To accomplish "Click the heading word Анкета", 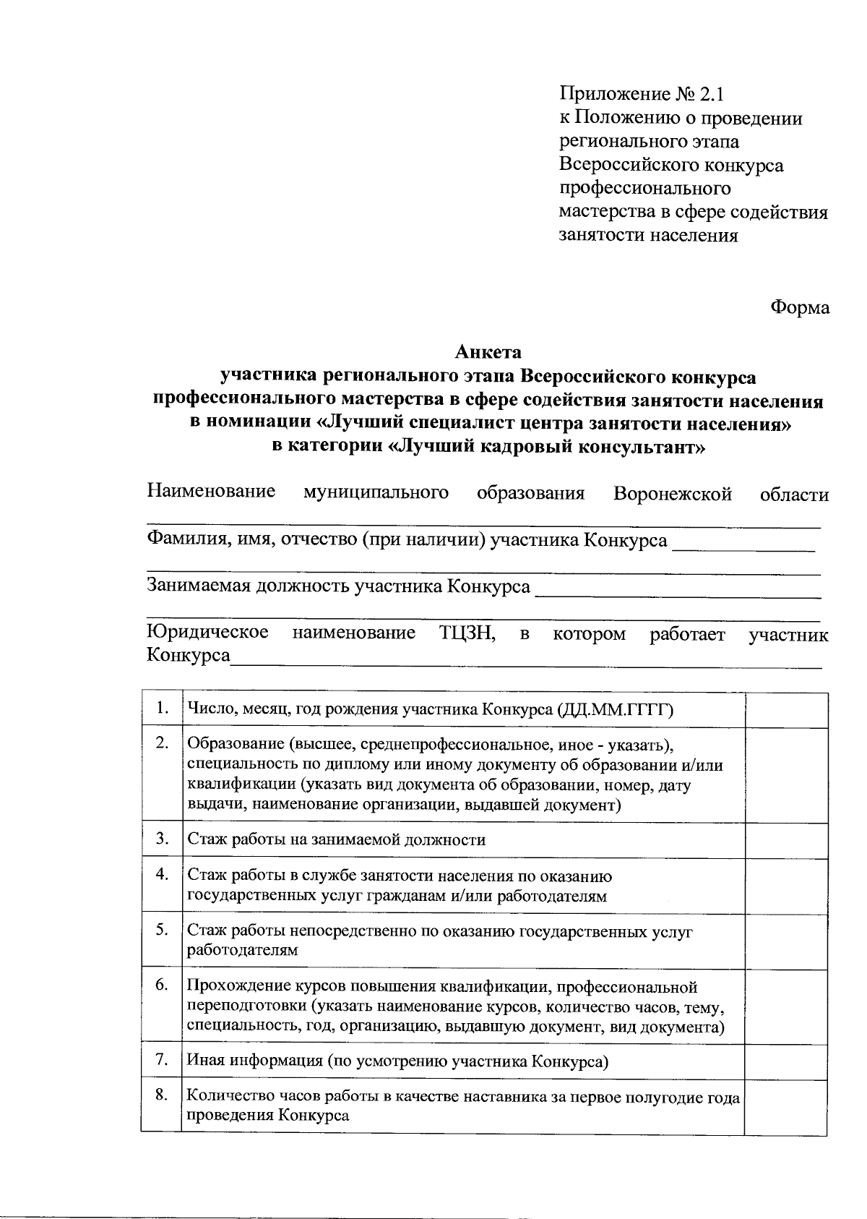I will (x=488, y=352).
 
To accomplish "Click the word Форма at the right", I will (x=799, y=307).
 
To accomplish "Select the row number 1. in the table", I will (x=163, y=707).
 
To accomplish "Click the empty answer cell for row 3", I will (x=786, y=839).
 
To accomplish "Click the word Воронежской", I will (x=673, y=494).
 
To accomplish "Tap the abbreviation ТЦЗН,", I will (x=467, y=633).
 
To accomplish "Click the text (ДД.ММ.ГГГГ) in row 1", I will (x=616, y=710).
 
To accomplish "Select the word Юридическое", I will (x=208, y=633).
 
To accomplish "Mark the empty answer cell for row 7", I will (x=786, y=1061).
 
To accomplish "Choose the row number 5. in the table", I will (x=163, y=929).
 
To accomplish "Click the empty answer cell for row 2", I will (x=786, y=774).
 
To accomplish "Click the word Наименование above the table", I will (x=211, y=492).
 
